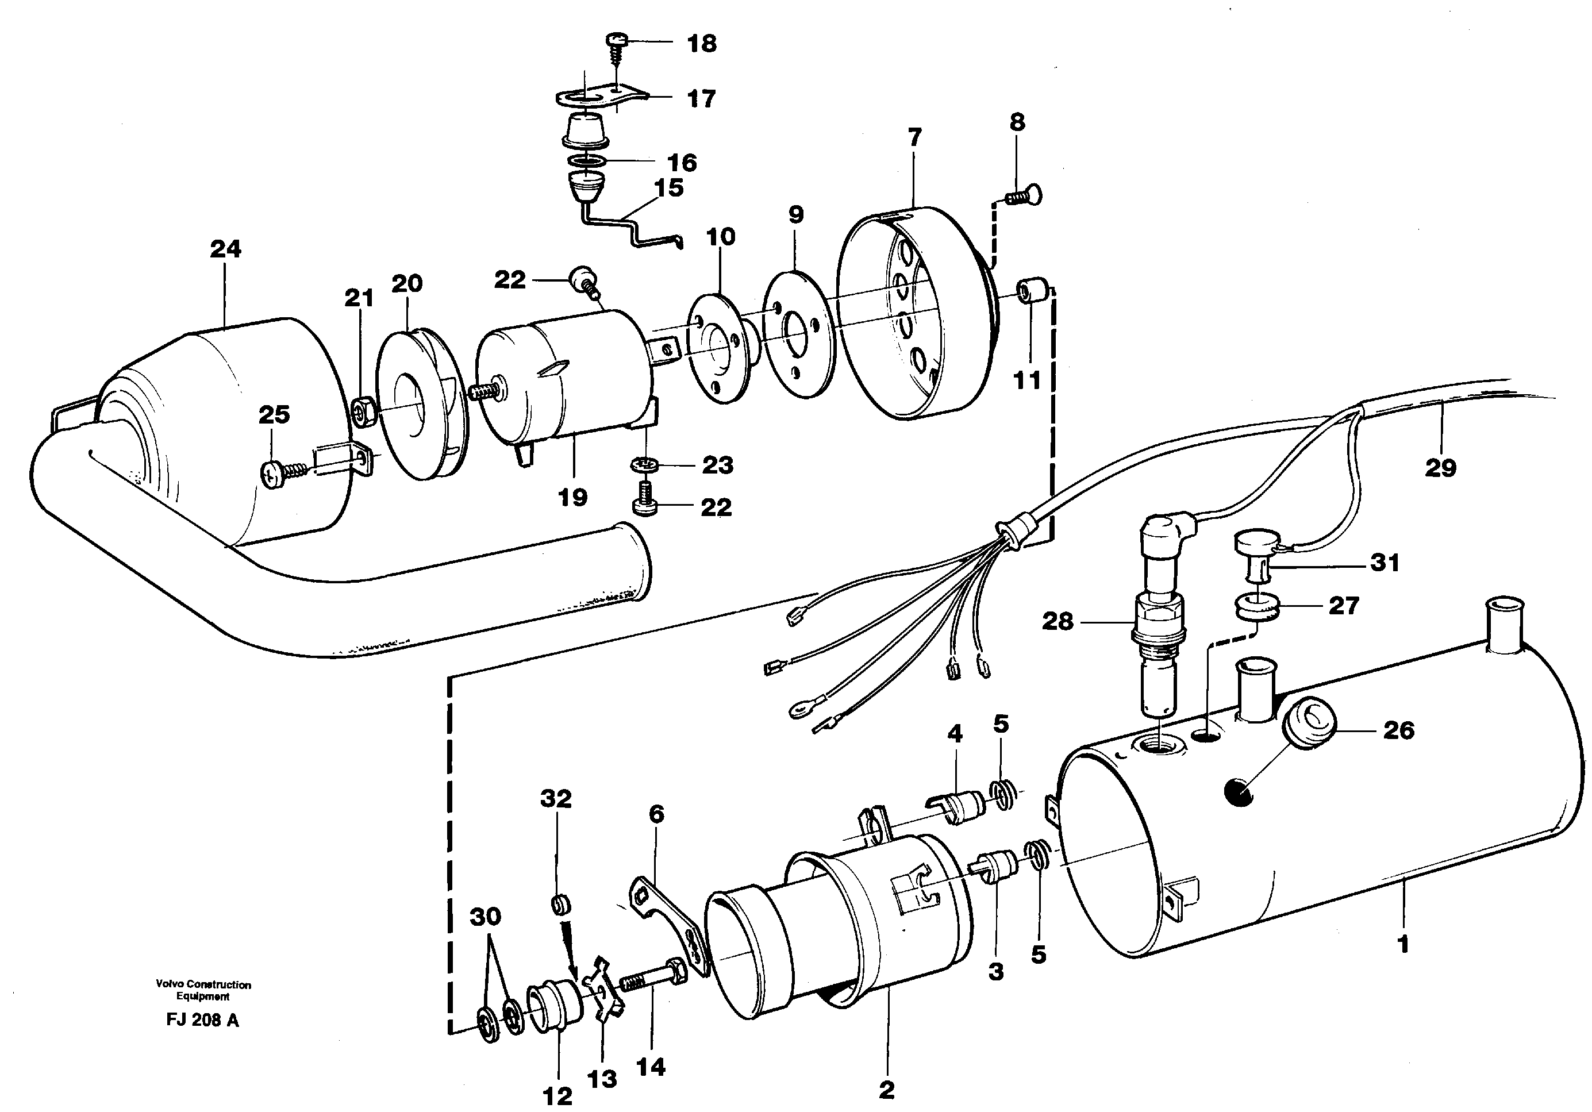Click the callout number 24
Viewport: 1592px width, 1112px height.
225,249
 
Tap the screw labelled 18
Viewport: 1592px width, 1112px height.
617,46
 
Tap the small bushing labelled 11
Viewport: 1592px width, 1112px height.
1031,291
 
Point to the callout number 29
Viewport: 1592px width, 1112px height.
1440,468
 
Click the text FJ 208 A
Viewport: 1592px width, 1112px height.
202,1021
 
